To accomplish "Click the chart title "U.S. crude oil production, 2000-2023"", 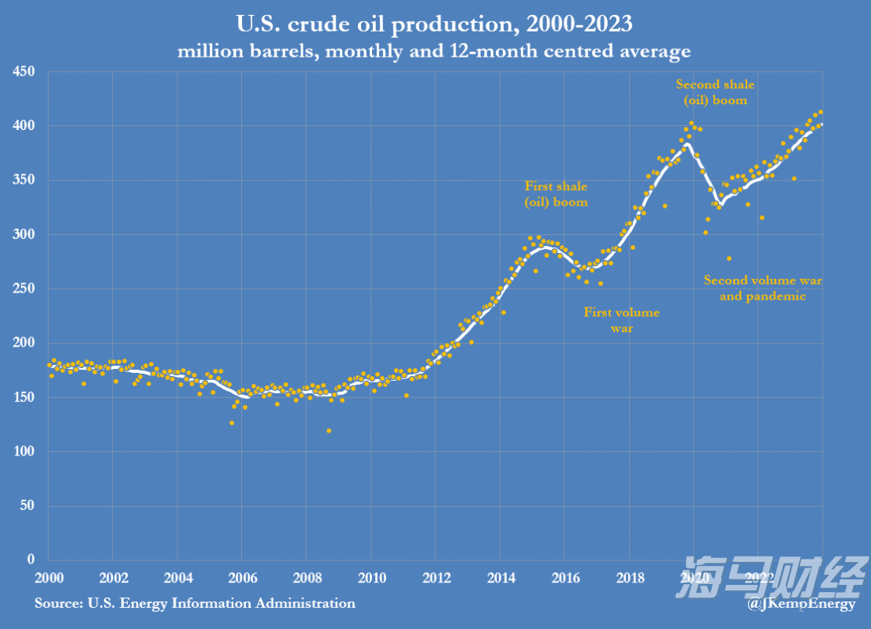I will tap(434, 24).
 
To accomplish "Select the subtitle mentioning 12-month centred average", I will tap(434, 52).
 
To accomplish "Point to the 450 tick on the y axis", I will tap(24, 72).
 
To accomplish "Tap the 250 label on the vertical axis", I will tap(24, 288).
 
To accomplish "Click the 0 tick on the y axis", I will tap(31, 560).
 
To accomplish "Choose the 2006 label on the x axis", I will tap(242, 576).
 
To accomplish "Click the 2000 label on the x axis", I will tap(49, 576).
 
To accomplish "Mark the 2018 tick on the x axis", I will tap(629, 576).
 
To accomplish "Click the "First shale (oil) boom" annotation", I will tap(556, 194).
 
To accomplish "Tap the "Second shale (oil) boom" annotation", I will tap(715, 92).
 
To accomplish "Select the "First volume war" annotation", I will tap(622, 320).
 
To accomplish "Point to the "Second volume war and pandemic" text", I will tap(762, 288).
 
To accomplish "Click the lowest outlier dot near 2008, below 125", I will tap(329, 430).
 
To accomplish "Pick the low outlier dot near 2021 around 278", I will tap(729, 259).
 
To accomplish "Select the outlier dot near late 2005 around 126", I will tap(232, 422).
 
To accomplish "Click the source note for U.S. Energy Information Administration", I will tap(195, 604).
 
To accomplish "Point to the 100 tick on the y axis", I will tap(24, 452).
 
